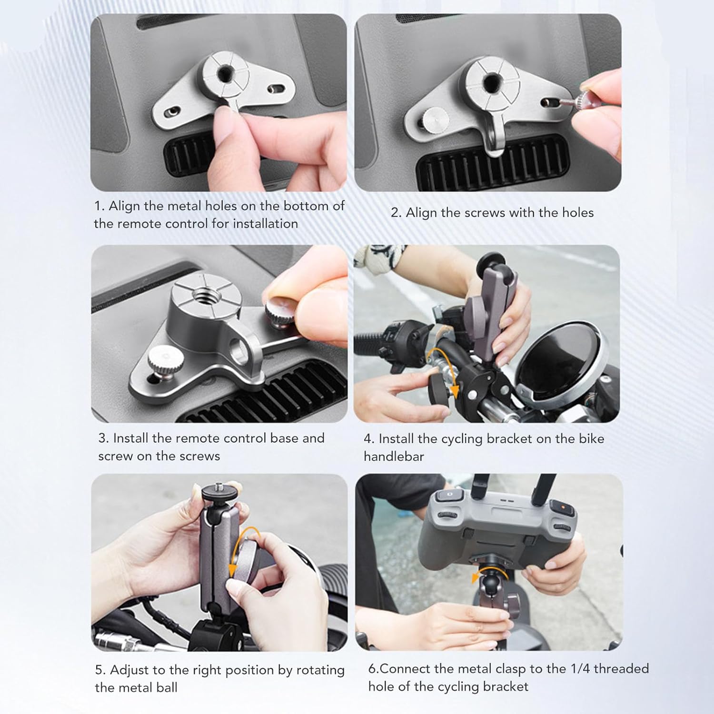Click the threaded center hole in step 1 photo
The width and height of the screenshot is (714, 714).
point(224,75)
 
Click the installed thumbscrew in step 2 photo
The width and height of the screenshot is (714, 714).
point(434,119)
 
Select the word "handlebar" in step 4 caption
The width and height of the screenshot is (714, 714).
point(394,456)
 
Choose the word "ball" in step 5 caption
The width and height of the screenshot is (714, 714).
point(167,688)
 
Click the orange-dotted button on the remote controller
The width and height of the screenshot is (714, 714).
point(562,506)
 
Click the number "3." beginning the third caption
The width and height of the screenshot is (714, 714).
point(104,438)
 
